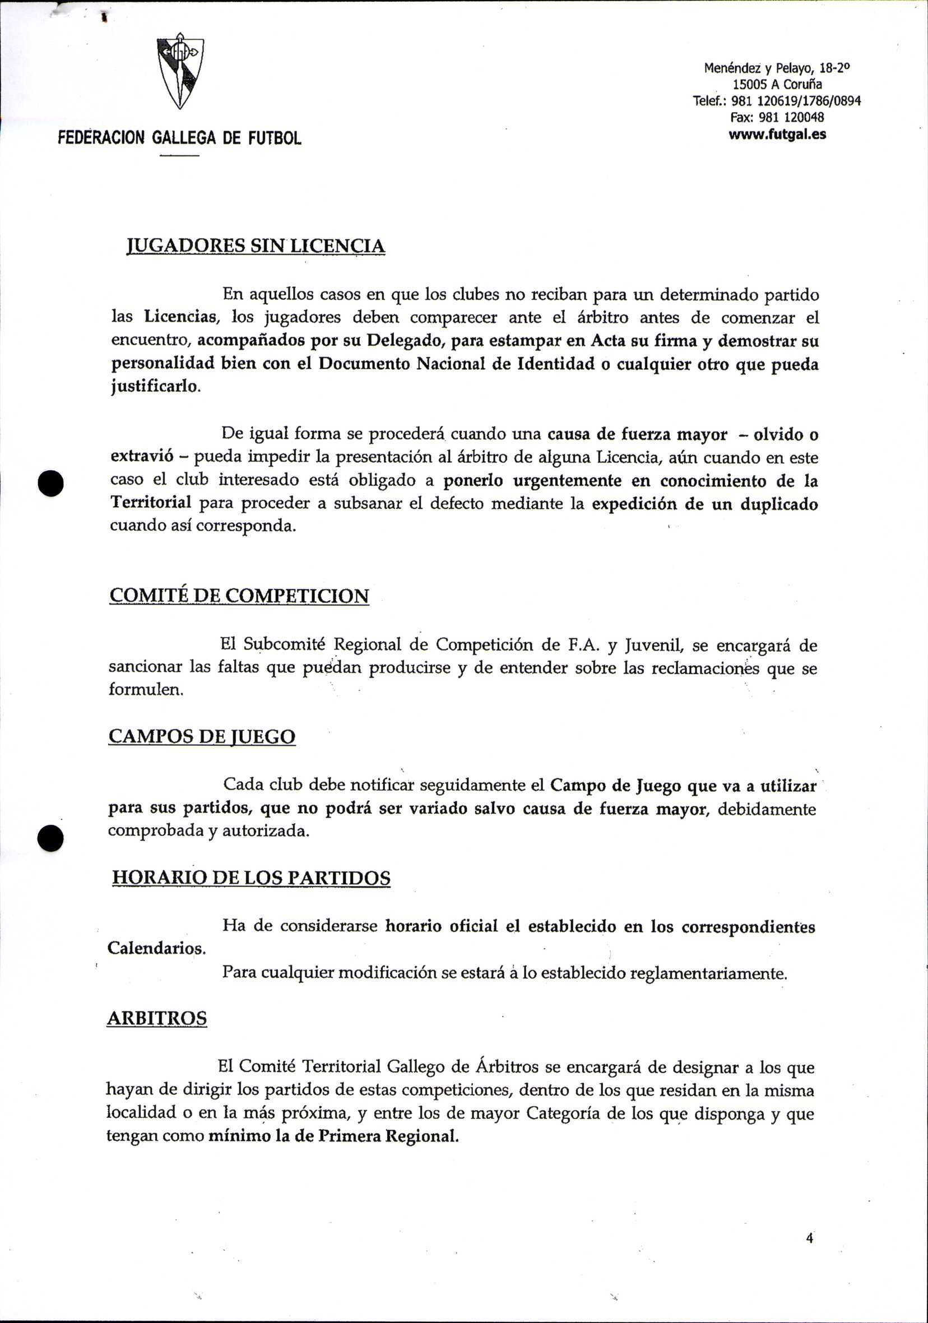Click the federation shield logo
(180, 73)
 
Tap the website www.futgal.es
(777, 134)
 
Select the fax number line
(777, 118)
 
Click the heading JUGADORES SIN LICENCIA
(256, 246)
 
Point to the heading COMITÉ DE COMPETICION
(239, 595)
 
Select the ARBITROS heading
(157, 1018)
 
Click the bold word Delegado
(403, 340)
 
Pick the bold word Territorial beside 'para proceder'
(151, 503)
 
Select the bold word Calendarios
(156, 948)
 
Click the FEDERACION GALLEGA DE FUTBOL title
(179, 138)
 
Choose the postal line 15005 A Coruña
(777, 85)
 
